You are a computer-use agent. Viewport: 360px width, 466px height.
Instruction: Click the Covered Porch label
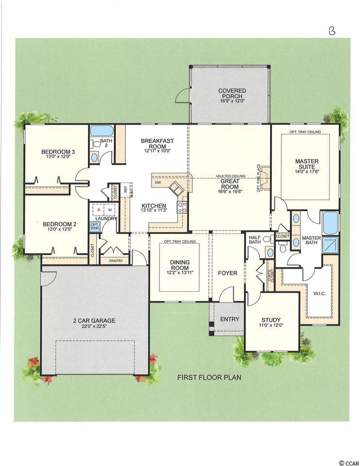(232, 93)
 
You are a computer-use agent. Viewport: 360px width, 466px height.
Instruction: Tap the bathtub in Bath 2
(102, 131)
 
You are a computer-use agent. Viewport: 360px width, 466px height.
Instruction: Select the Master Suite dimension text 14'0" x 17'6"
(307, 171)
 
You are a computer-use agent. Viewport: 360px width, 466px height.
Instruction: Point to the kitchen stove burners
(182, 207)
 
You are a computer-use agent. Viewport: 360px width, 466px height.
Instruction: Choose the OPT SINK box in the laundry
(95, 227)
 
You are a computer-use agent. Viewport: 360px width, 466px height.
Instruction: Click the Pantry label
(116, 261)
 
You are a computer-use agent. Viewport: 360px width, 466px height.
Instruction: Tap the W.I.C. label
(319, 294)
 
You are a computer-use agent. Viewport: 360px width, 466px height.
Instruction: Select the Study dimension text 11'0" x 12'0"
(271, 325)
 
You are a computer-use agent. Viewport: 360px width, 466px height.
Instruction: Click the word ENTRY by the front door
(230, 319)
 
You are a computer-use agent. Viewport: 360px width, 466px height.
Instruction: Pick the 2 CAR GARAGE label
(94, 321)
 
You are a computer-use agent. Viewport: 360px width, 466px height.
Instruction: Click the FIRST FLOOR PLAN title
(209, 378)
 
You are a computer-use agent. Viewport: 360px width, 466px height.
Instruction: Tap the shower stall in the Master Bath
(330, 244)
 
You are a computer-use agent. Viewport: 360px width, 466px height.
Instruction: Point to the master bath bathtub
(330, 223)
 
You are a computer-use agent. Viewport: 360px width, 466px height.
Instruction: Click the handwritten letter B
(332, 30)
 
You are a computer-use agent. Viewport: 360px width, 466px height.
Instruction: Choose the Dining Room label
(180, 265)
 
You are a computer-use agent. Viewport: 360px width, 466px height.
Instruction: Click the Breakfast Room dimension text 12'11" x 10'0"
(157, 150)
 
